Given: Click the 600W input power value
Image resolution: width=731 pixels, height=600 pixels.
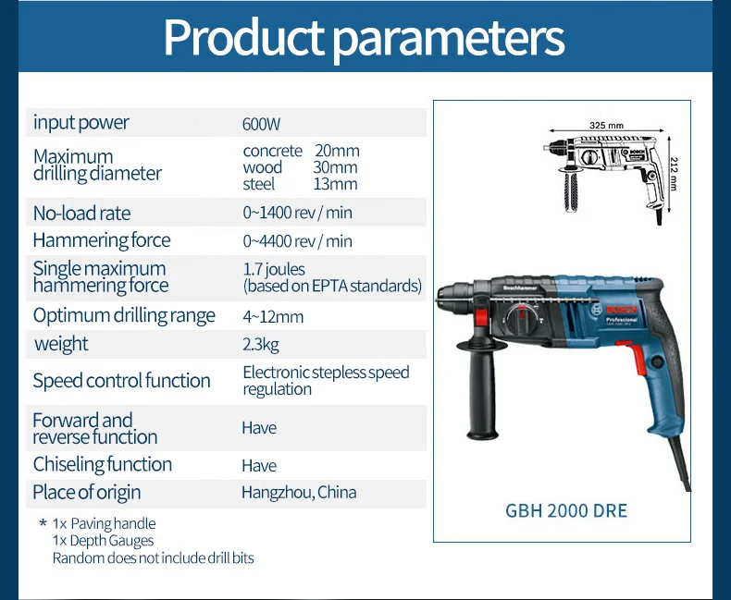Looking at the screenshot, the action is (x=261, y=124).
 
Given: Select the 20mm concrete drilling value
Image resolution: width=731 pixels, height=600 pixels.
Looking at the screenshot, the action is (x=337, y=151).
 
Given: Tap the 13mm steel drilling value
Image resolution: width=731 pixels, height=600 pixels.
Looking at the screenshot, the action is (x=335, y=184).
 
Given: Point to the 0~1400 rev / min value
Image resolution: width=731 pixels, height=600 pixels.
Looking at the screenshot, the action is (x=297, y=213).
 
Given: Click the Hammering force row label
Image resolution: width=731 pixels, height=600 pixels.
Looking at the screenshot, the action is (x=102, y=240).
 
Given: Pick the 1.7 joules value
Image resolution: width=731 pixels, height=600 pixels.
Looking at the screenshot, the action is (x=274, y=269).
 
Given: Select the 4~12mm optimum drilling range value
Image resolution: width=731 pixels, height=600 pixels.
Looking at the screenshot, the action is (x=273, y=317).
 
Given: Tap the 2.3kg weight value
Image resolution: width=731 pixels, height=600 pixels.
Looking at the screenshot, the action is (x=261, y=345).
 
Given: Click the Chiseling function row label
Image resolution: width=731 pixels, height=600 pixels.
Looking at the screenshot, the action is (x=103, y=464).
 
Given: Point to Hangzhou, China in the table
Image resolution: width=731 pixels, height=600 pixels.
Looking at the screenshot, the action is (x=299, y=493).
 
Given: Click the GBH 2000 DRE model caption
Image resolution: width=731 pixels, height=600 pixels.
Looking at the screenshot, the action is (x=566, y=511).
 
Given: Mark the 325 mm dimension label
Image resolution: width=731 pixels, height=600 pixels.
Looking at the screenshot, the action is (x=606, y=126).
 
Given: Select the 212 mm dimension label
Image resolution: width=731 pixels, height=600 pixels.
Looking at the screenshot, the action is (x=673, y=173).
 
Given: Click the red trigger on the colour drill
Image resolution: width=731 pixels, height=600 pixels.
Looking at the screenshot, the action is (x=634, y=357).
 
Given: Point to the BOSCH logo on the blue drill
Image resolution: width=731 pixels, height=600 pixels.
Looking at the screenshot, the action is (x=621, y=311).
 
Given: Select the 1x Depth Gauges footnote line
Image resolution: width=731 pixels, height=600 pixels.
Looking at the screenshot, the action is (x=103, y=541).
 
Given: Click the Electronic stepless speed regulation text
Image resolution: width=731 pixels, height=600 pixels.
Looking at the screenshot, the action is (x=326, y=381).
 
